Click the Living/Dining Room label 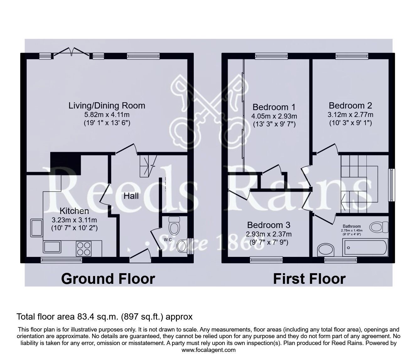tap(107, 105)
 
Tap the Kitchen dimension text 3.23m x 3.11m tap(74, 220)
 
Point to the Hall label tap(131, 196)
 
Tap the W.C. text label tap(167, 240)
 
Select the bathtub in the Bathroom tap(365, 248)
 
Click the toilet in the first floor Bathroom tap(379, 227)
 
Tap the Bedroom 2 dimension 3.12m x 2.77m tap(350, 114)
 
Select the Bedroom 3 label tap(268, 225)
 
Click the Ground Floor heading tap(108, 279)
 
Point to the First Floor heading tap(309, 279)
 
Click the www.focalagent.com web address tap(208, 350)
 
